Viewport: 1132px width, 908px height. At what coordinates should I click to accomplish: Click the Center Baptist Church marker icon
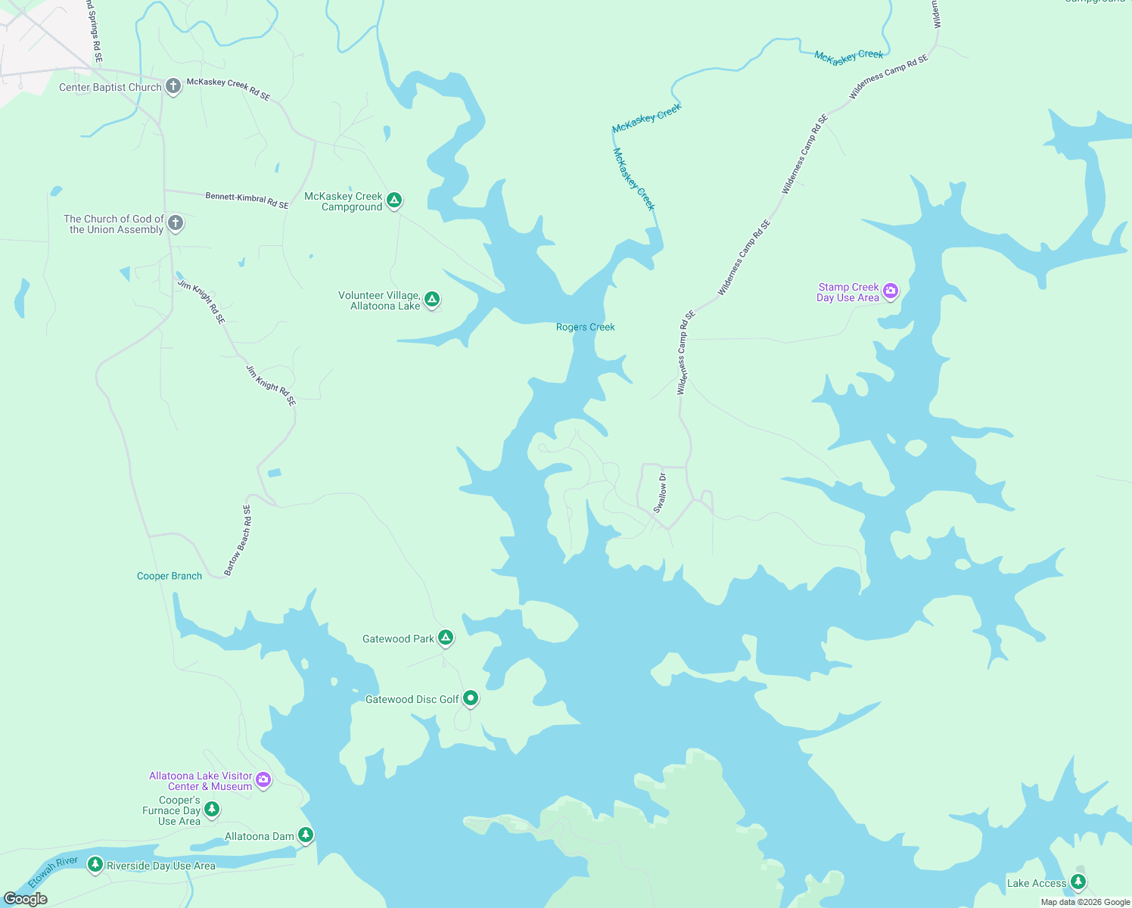(173, 86)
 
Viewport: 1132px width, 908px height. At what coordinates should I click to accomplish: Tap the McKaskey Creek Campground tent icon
(393, 200)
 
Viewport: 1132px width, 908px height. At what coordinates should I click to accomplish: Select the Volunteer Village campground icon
(431, 299)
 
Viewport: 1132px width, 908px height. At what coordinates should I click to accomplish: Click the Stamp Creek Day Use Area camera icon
(891, 290)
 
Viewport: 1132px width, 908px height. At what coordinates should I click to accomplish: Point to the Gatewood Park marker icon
(446, 637)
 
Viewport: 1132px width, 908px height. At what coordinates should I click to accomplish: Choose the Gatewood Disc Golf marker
(470, 698)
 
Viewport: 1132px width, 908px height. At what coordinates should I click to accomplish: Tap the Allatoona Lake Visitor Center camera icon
(263, 779)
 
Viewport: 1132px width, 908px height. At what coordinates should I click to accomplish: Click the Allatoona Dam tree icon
(305, 834)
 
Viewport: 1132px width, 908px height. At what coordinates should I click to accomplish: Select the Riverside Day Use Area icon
(95, 863)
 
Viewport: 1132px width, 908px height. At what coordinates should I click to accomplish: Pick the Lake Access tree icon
(1078, 881)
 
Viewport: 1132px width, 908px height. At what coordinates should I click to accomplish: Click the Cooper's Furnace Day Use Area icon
(212, 809)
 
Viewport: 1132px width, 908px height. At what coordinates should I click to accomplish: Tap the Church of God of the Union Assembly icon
(176, 222)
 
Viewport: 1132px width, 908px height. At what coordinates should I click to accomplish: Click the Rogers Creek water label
(585, 327)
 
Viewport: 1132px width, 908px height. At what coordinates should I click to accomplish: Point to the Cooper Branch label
(169, 576)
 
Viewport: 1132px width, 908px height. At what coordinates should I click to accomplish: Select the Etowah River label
(53, 872)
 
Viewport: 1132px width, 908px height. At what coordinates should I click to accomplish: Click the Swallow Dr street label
(661, 493)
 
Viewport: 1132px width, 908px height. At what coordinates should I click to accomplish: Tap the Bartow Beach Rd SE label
(238, 540)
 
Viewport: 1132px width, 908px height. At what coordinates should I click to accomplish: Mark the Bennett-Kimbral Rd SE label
(247, 201)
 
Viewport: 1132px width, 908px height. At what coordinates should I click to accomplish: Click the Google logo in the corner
(26, 898)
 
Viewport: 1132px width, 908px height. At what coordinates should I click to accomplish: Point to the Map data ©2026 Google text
(1085, 902)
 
